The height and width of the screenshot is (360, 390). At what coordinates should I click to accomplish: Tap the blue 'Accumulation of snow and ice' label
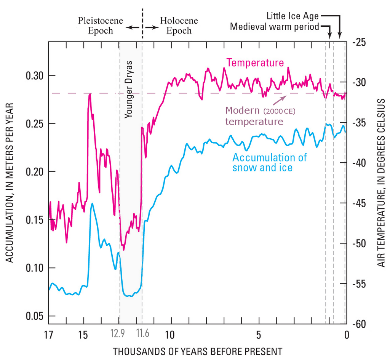pos(269,162)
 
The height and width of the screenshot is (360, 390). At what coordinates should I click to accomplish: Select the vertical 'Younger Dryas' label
pos(129,89)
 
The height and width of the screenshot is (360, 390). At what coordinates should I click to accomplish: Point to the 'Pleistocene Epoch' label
pos(101,26)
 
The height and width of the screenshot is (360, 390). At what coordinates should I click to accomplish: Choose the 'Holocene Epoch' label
pos(179,26)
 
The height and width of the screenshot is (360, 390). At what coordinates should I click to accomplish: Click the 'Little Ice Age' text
pos(292,16)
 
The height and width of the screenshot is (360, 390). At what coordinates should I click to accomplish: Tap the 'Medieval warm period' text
pos(275,27)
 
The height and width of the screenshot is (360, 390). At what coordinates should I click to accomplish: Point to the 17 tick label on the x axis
pos(48,335)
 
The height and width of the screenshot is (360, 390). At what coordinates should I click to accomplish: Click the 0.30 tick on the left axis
pos(34,75)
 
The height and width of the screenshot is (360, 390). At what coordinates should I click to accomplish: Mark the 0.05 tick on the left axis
pos(34,316)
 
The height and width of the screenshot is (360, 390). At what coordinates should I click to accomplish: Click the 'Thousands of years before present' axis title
pos(197,351)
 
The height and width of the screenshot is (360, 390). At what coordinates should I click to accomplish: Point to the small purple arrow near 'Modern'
pos(280,100)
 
